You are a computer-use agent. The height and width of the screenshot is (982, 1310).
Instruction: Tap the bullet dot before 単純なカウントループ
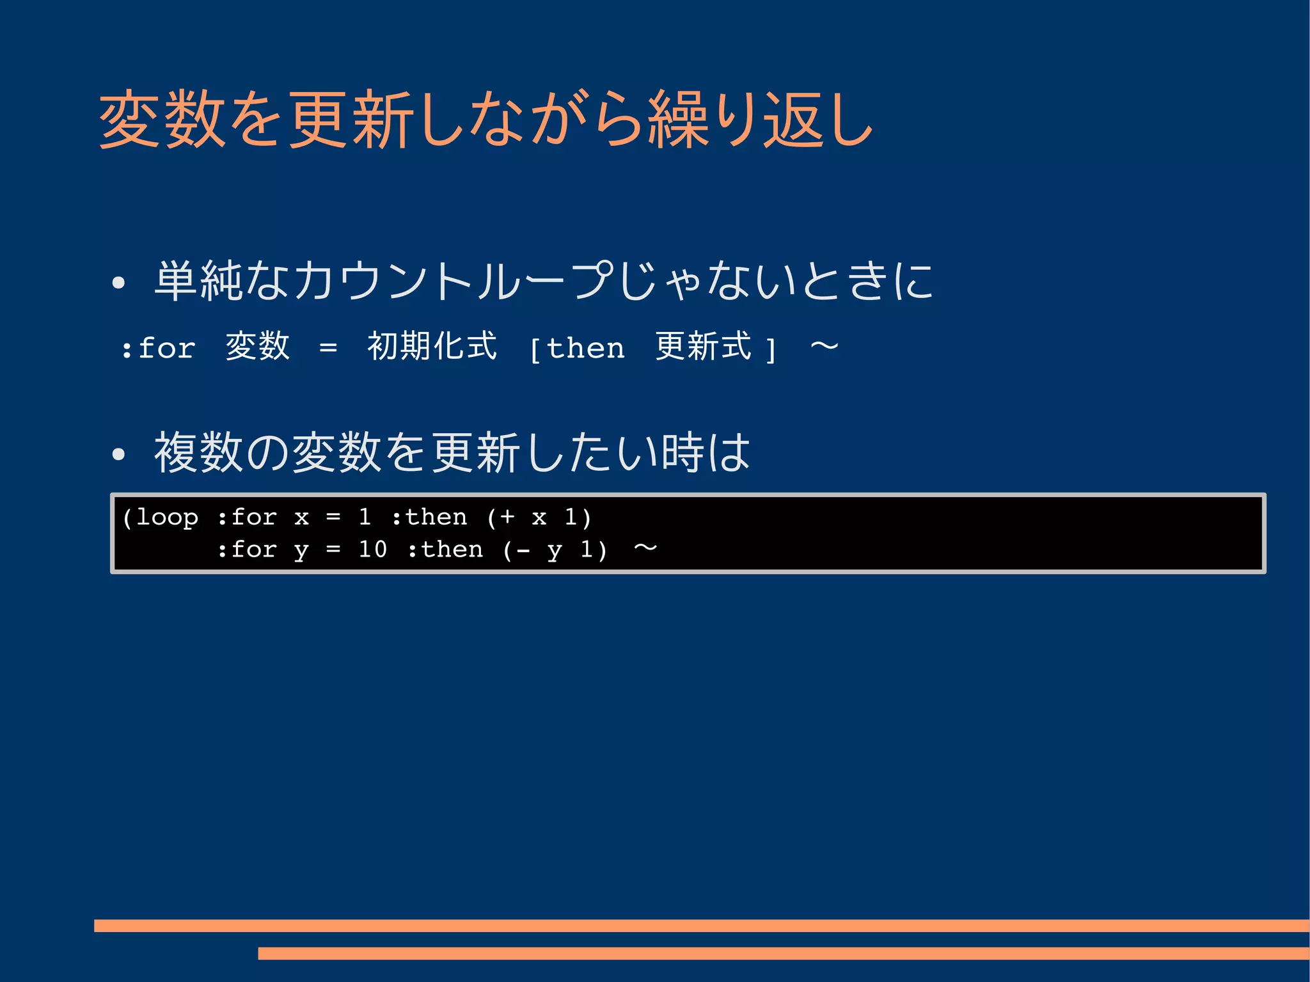(118, 283)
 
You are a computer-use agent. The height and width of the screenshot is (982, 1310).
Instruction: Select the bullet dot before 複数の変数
(118, 454)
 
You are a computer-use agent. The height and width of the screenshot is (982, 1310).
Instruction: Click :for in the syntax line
(159, 349)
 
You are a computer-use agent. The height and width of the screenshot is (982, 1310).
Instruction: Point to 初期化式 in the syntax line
(432, 347)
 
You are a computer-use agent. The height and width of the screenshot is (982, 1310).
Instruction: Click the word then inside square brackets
(585, 349)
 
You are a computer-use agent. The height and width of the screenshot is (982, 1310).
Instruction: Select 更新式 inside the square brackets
(703, 347)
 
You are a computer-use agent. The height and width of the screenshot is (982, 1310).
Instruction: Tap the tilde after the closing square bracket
(824, 347)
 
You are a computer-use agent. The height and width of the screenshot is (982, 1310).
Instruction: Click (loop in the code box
(160, 517)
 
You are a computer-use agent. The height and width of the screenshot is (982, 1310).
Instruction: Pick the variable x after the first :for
(301, 517)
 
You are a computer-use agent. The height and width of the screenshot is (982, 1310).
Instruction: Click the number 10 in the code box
(372, 550)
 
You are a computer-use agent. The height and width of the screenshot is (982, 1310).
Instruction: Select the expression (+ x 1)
(539, 517)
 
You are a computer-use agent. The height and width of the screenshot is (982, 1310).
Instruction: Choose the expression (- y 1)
(555, 550)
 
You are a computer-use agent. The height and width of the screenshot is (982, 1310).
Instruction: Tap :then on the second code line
(445, 550)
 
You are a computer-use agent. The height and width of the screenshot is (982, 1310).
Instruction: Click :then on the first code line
(429, 517)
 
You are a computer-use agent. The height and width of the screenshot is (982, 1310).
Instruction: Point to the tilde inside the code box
(645, 548)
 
